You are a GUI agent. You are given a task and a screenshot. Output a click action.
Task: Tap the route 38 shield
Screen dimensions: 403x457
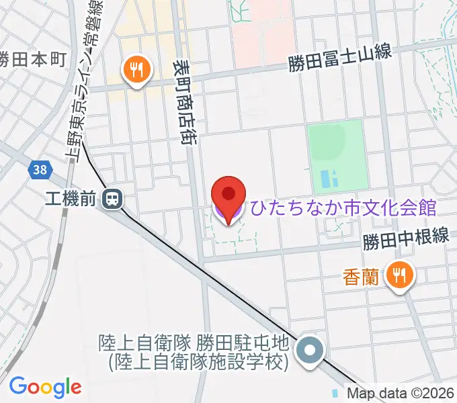point(40,170)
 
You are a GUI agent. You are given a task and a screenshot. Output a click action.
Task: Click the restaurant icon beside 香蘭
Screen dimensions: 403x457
point(401,274)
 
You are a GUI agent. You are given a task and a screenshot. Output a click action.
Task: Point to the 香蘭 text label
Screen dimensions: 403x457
point(366,275)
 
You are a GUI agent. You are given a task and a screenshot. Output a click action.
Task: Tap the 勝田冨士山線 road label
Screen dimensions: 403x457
point(340,61)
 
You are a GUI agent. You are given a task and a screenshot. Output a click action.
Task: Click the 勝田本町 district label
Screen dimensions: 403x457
point(32,58)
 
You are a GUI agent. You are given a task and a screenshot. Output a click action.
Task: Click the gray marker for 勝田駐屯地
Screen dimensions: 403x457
point(310,351)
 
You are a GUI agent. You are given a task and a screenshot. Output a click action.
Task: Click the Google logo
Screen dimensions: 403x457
point(45,387)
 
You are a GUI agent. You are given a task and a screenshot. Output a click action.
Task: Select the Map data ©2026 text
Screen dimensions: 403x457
point(401,393)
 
